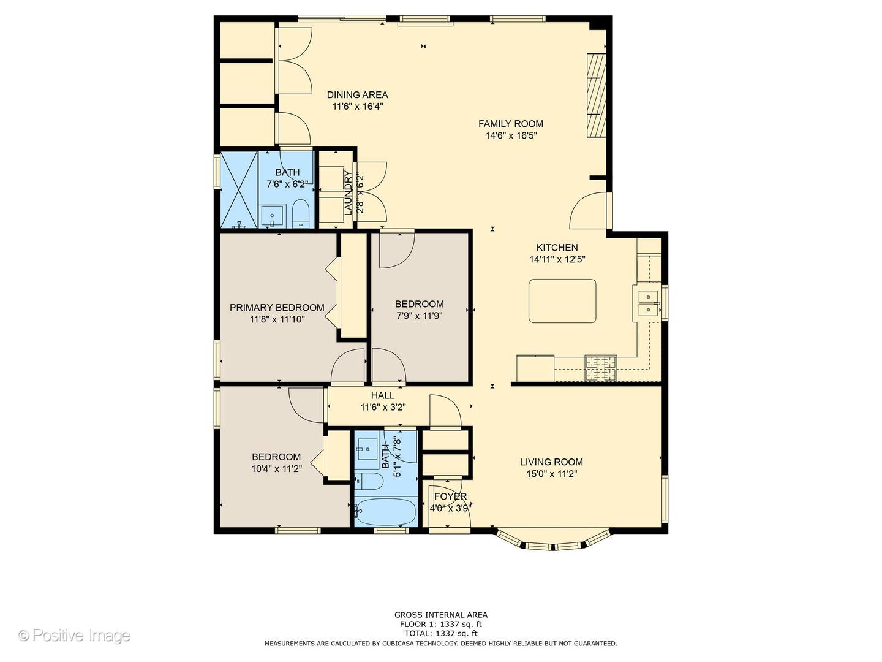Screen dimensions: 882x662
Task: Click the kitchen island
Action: [x=562, y=301]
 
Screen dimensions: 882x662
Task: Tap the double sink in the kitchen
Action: [x=648, y=303]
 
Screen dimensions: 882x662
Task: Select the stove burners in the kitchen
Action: [x=601, y=368]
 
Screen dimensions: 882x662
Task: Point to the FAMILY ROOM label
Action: [x=511, y=124]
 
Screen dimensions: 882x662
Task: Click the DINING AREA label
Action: [x=357, y=95]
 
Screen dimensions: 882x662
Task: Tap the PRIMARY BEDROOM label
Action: [x=277, y=308]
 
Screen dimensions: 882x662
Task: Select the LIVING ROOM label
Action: [x=551, y=462]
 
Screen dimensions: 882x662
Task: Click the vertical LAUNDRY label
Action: [x=348, y=193]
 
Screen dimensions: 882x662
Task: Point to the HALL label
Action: [x=383, y=395]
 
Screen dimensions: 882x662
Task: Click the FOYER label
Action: [x=450, y=496]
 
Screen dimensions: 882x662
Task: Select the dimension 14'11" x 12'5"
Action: [x=557, y=259]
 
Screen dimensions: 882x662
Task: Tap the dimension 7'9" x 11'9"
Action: [x=420, y=316]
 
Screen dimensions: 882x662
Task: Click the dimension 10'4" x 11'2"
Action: [x=276, y=468]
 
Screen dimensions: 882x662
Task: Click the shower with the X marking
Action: [x=239, y=190]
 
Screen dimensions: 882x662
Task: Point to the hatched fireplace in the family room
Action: [x=597, y=96]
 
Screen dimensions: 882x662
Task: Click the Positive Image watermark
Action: [x=75, y=636]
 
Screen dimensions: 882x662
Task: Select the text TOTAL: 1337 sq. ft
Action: [x=441, y=634]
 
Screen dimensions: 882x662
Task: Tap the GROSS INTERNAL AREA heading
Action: [x=441, y=615]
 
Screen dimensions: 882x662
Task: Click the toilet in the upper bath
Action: [x=300, y=215]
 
